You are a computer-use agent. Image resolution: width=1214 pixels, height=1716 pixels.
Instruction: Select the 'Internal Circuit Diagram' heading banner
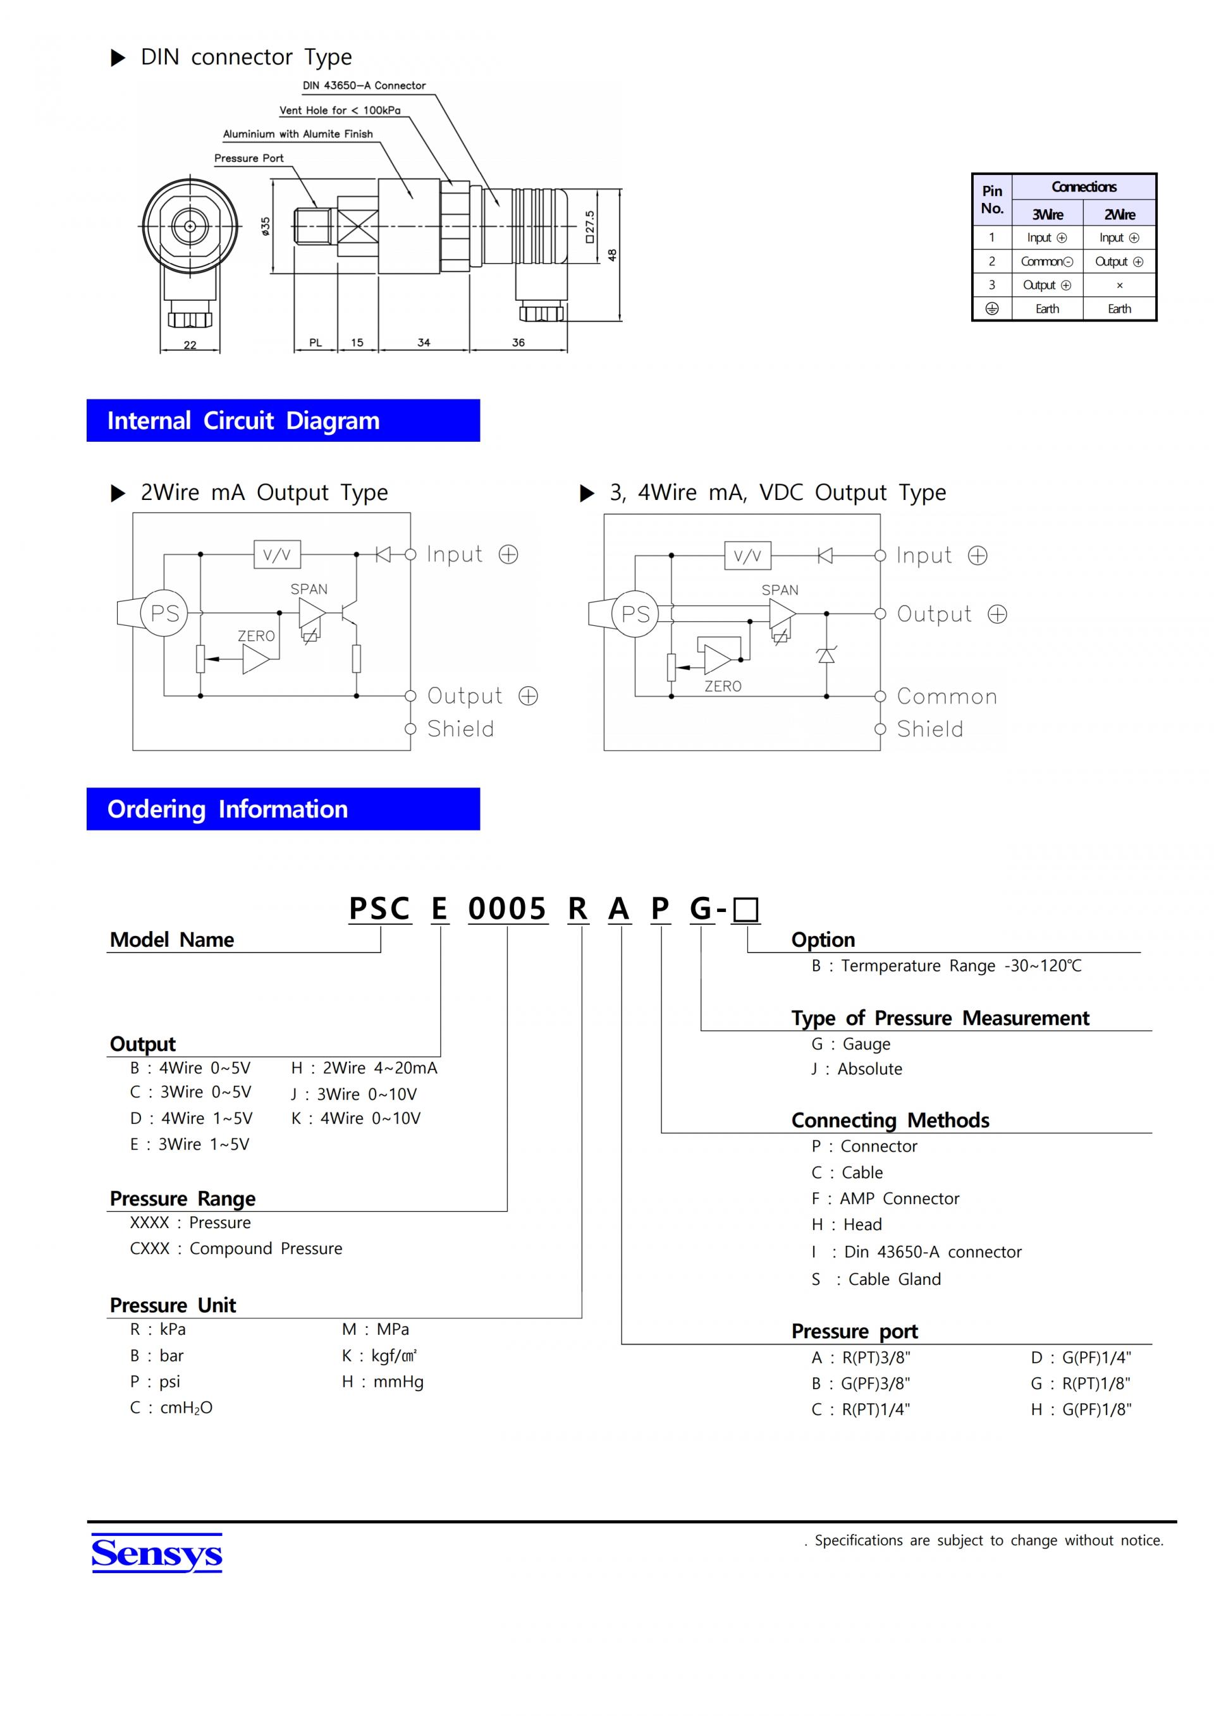click(283, 421)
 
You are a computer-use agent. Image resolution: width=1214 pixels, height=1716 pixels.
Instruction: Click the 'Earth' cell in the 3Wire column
click(1046, 308)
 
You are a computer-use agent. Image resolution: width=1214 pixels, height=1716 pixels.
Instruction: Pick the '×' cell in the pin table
click(1119, 285)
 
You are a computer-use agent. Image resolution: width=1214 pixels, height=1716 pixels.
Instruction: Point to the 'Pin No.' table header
click(992, 200)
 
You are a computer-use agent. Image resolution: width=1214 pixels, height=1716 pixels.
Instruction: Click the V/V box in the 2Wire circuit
click(276, 554)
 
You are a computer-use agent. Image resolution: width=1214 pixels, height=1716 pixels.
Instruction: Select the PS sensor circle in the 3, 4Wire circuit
click(635, 614)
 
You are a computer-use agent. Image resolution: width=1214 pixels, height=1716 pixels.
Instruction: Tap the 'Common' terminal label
click(947, 697)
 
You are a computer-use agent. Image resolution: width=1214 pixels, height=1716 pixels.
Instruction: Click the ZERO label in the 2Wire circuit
click(257, 636)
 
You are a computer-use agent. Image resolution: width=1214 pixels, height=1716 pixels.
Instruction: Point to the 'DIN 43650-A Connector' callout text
click(364, 85)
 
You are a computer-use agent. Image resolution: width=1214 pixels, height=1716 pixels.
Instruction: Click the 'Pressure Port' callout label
click(249, 159)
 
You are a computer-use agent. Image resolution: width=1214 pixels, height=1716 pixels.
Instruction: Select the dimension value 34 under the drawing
click(424, 343)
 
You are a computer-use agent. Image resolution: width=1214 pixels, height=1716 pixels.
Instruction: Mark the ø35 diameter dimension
click(266, 226)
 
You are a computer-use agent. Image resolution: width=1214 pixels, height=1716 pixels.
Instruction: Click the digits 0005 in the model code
click(508, 909)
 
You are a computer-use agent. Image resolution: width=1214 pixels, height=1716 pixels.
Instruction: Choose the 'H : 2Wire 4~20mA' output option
click(364, 1068)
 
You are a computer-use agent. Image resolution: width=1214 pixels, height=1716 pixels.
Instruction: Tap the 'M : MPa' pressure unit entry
click(375, 1330)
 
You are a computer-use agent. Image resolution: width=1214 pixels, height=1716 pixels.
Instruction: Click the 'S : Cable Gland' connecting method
click(876, 1279)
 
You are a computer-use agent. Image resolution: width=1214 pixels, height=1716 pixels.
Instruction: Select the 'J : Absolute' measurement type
click(857, 1069)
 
